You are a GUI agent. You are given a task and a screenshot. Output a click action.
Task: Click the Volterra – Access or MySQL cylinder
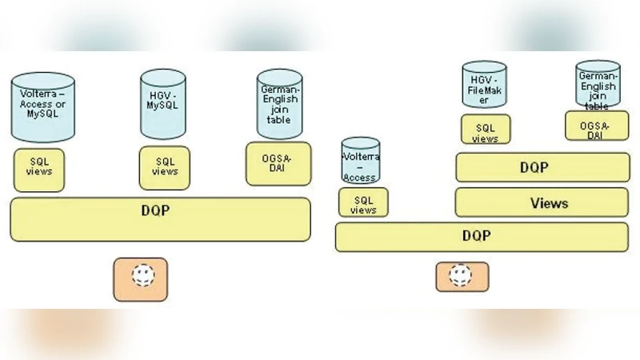[43, 106]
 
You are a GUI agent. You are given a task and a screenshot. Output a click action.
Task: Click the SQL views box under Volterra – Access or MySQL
[38, 170]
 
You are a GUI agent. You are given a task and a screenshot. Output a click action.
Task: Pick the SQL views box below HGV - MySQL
[164, 167]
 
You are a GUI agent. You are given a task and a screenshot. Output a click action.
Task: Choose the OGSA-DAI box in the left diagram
[278, 163]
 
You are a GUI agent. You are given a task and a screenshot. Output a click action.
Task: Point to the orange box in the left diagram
[140, 279]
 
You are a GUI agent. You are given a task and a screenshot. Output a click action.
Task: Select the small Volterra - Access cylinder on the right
[360, 160]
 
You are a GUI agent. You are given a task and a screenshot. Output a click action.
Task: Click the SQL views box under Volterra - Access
[363, 202]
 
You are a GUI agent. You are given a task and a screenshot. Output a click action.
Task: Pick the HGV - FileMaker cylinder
[484, 85]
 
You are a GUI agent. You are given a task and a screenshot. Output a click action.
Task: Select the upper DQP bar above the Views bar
[542, 167]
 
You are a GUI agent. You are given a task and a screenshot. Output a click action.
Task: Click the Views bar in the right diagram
[542, 202]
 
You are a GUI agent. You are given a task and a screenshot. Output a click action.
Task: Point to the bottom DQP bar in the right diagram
[482, 237]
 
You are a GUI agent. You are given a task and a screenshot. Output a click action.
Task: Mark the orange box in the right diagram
[462, 276]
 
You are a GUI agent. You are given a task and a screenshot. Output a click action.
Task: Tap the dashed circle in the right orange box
[460, 274]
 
